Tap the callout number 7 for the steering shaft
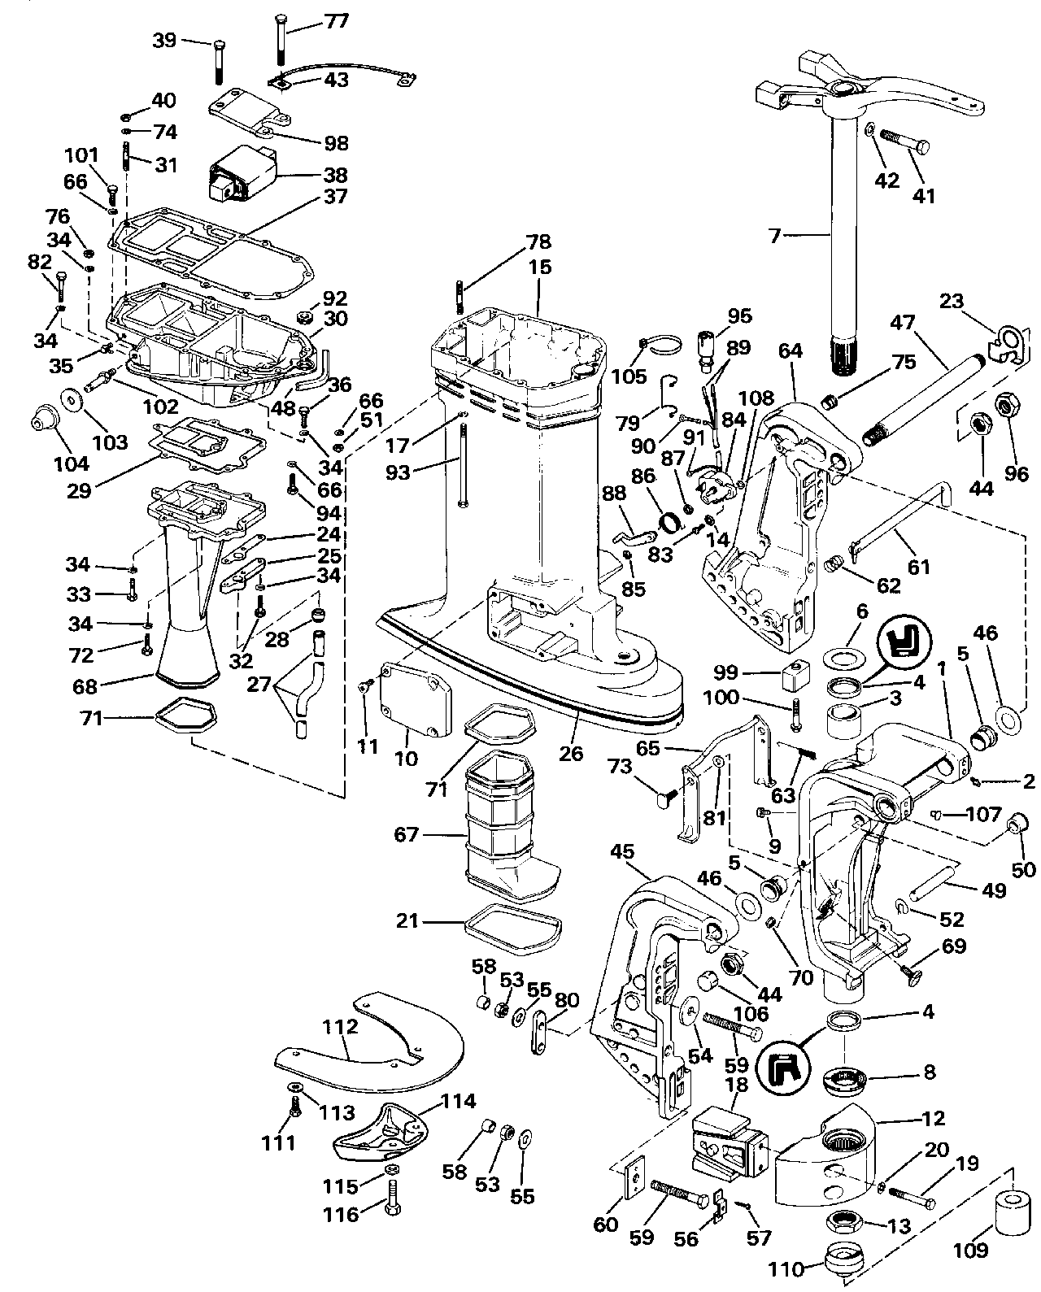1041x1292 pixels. point(775,237)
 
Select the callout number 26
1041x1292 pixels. point(571,753)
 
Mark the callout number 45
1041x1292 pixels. point(621,850)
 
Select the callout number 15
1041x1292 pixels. point(539,266)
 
